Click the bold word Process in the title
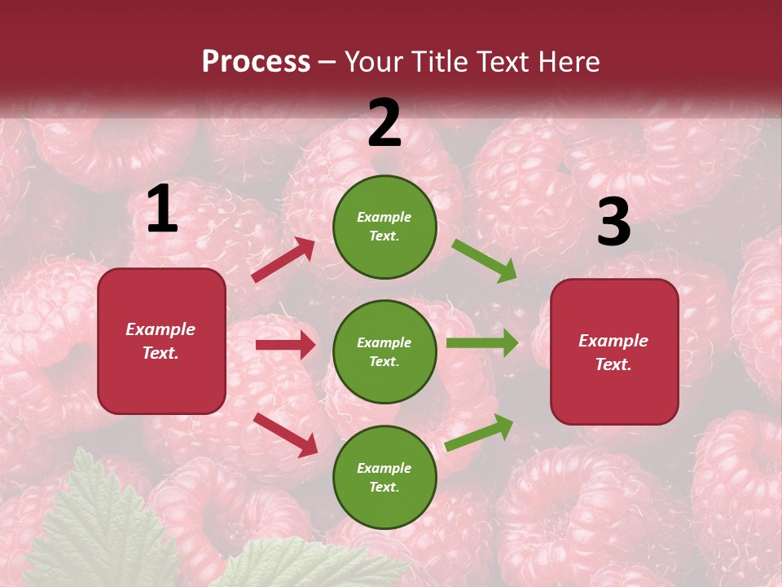pyautogui.click(x=256, y=62)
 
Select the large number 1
pyautogui.click(x=162, y=210)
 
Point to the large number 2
pyautogui.click(x=384, y=123)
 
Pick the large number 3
pyautogui.click(x=613, y=223)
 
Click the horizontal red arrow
pyautogui.click(x=285, y=345)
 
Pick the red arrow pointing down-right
pyautogui.click(x=286, y=435)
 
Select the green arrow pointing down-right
pyautogui.click(x=485, y=261)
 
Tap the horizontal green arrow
pyautogui.click(x=482, y=342)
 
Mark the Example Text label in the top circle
pyautogui.click(x=384, y=227)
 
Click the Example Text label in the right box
pyautogui.click(x=613, y=352)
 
